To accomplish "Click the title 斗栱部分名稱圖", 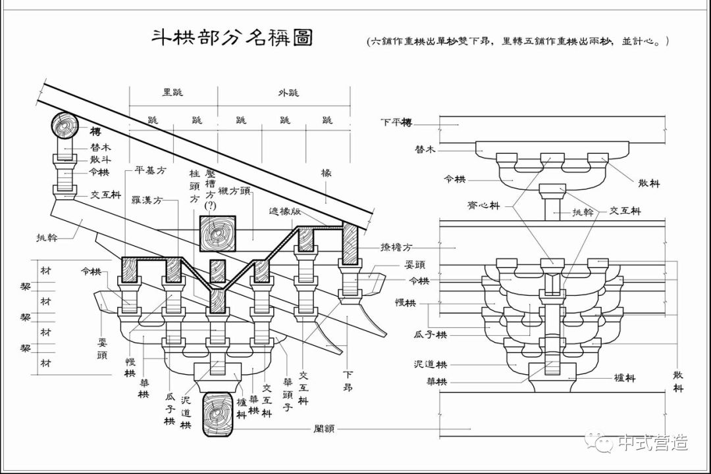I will coord(232,37).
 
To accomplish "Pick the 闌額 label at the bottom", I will coord(325,429).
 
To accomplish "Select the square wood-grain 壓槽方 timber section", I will coord(218,234).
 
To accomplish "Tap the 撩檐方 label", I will coord(396,247).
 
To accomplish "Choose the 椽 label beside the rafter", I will coord(326,173).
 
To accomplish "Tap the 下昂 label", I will coord(348,381).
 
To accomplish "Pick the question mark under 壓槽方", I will coord(211,206).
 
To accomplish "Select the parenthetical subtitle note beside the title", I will coord(518,41).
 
